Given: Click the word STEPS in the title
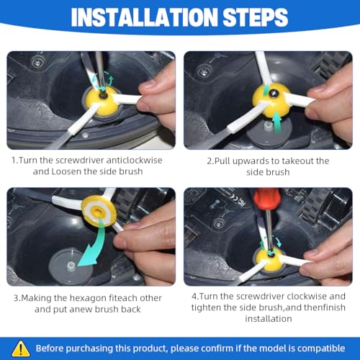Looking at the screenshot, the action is point(256,17).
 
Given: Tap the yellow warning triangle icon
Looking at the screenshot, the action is point(21,348).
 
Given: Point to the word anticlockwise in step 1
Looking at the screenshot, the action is point(134,160).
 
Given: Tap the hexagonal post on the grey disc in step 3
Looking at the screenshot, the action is point(71,266).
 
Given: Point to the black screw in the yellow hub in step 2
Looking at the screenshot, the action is point(272,93).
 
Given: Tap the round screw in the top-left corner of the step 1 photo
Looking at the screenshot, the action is point(37,63).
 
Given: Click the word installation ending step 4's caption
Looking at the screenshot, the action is point(269,319).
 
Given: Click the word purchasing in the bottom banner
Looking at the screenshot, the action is point(89,348).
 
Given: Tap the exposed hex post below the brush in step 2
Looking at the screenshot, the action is point(268,125).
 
